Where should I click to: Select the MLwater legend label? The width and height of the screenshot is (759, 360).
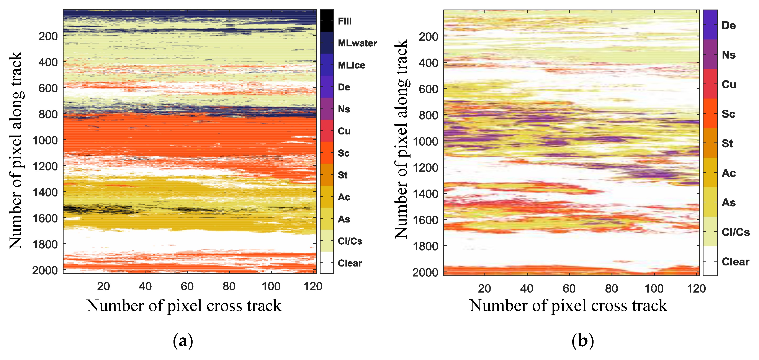(x=357, y=43)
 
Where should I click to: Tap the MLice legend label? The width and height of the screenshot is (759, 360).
(x=351, y=65)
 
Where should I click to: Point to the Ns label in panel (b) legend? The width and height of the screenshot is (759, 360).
(x=728, y=55)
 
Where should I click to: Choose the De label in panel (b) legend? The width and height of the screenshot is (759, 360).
(x=728, y=25)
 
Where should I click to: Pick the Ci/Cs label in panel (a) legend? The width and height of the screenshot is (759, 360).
(x=350, y=241)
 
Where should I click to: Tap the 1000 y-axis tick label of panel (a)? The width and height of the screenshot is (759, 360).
(x=45, y=141)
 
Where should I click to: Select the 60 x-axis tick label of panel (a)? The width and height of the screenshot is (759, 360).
(x=187, y=286)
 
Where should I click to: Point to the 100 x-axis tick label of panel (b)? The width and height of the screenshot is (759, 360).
(x=654, y=288)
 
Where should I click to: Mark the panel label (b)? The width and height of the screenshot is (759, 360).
(x=582, y=341)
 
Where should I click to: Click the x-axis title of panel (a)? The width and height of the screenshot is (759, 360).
(x=184, y=306)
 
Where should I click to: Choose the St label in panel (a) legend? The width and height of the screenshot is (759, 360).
(x=343, y=175)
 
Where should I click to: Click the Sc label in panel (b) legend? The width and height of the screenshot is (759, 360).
(x=728, y=114)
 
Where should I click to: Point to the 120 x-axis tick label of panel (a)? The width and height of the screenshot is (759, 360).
(x=313, y=286)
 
